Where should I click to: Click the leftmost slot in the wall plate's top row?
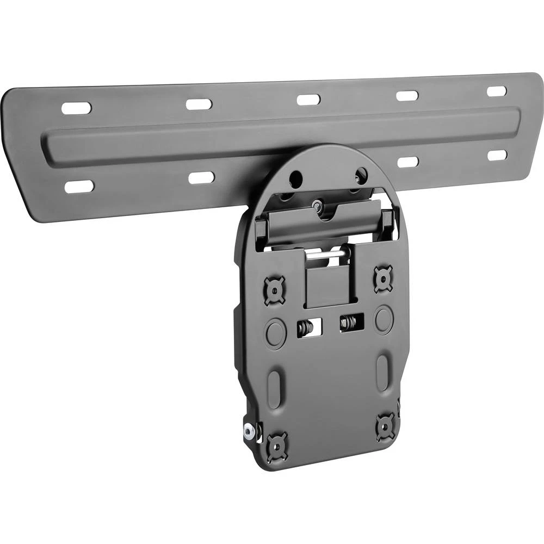point(76,108)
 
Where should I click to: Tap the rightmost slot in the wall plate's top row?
point(496,91)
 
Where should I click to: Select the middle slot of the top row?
point(308,100)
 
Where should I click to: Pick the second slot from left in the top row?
point(199,103)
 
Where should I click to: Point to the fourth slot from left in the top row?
point(407,96)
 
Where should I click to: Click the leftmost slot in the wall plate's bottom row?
point(79,187)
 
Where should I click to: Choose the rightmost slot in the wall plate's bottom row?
point(497,156)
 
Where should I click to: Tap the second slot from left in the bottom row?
point(201,178)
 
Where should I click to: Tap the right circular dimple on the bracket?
point(384,318)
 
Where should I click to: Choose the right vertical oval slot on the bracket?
point(383,372)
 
